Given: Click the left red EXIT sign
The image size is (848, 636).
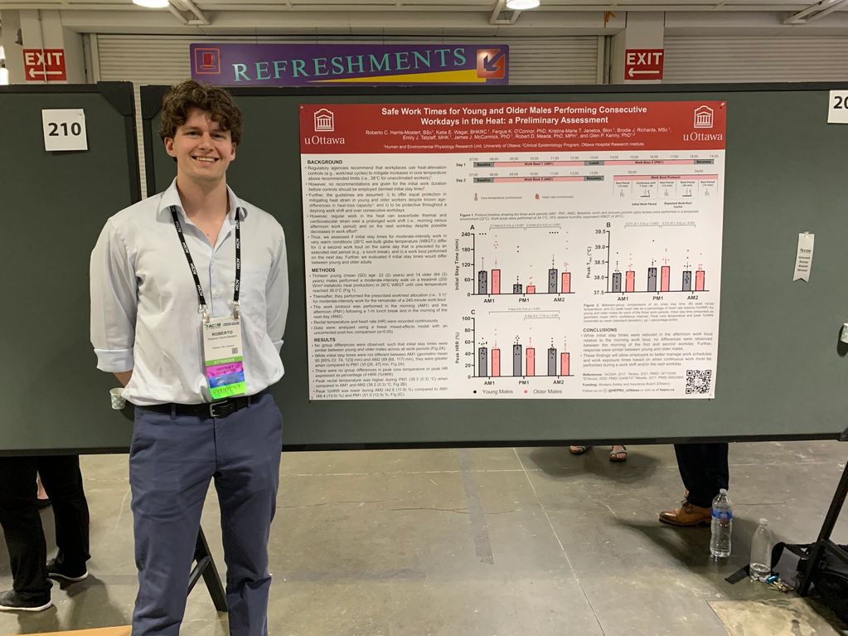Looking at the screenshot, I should click(45, 65).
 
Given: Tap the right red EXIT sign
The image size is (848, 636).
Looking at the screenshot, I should click(643, 64).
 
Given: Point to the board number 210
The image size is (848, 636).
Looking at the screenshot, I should click(65, 129).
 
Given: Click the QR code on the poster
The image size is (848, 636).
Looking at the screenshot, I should click(698, 381).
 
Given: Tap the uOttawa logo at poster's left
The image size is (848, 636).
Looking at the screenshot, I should click(323, 125).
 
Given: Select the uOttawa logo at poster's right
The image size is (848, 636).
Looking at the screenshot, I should click(702, 123).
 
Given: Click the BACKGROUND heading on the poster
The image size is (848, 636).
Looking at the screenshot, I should click(325, 162).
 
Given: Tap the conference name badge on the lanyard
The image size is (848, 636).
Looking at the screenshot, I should click(225, 356).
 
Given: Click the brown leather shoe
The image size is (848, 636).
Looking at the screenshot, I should click(685, 514).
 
